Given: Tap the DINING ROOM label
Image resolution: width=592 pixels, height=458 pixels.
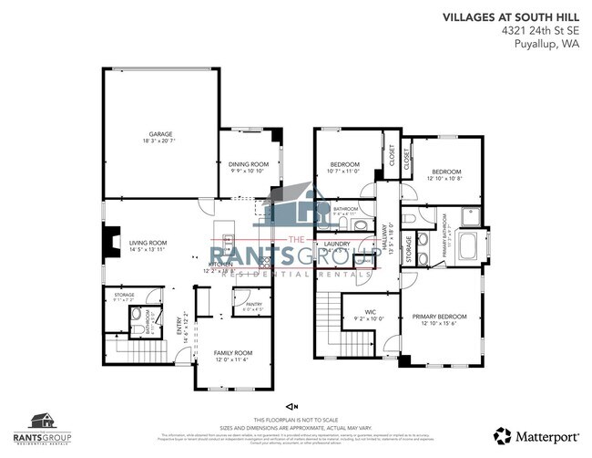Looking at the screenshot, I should (x=248, y=166).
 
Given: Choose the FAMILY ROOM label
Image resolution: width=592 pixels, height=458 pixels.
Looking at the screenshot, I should (x=232, y=355).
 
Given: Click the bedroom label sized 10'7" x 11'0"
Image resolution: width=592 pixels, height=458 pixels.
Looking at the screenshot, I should (x=345, y=166).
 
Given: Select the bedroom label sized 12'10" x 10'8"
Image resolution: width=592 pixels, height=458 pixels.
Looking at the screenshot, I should (x=446, y=173).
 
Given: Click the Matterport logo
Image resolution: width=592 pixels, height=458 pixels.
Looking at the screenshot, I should (x=535, y=434).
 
